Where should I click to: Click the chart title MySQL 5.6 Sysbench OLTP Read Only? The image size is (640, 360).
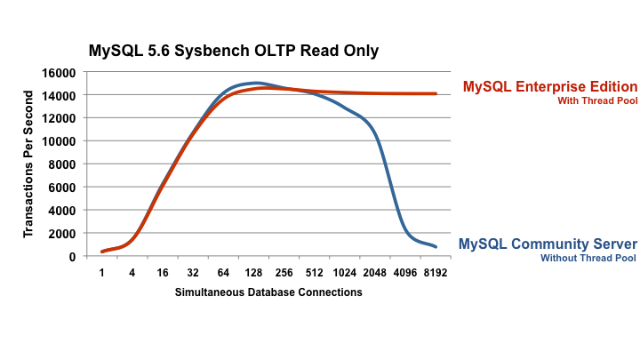(234, 51)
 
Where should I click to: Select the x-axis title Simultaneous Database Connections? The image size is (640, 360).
(268, 292)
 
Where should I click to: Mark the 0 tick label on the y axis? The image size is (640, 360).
(71, 256)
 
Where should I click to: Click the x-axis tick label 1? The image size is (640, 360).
(102, 273)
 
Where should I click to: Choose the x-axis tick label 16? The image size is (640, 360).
(163, 273)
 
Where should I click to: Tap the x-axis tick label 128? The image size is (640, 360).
(254, 273)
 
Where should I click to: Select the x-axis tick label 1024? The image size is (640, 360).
(344, 273)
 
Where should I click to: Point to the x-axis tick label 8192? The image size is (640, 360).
(435, 273)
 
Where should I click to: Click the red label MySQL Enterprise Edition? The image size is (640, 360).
(549, 87)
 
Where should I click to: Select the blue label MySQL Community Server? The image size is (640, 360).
(548, 244)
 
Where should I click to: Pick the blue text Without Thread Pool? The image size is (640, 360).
(588, 259)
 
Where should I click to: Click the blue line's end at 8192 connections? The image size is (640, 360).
(436, 246)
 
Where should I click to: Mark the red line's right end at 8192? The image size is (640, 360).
(436, 93)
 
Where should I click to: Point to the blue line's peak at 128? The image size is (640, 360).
(255, 83)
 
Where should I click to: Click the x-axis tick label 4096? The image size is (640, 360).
(404, 273)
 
